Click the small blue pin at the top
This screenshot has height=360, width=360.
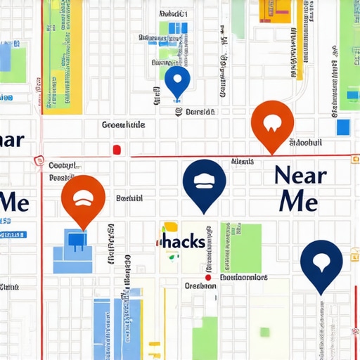click(176, 80)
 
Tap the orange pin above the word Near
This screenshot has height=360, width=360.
click(271, 124)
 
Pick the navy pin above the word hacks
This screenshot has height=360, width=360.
click(204, 183)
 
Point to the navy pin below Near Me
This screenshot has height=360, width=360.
click(321, 263)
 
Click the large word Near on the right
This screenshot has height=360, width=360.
click(300, 174)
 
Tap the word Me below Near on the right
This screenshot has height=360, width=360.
click(298, 201)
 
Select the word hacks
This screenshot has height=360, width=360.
click(184, 243)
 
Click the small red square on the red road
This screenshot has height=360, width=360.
click(117, 150)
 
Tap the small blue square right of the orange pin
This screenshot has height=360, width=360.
click(343, 127)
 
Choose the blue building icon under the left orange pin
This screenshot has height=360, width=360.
click(76, 240)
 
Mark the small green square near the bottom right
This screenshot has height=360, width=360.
click(264, 332)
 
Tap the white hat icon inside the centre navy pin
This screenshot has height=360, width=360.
click(204, 179)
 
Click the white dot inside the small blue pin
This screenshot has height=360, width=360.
click(176, 77)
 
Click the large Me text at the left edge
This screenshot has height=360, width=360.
click(14, 201)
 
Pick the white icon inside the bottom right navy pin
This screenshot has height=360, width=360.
click(321, 260)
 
